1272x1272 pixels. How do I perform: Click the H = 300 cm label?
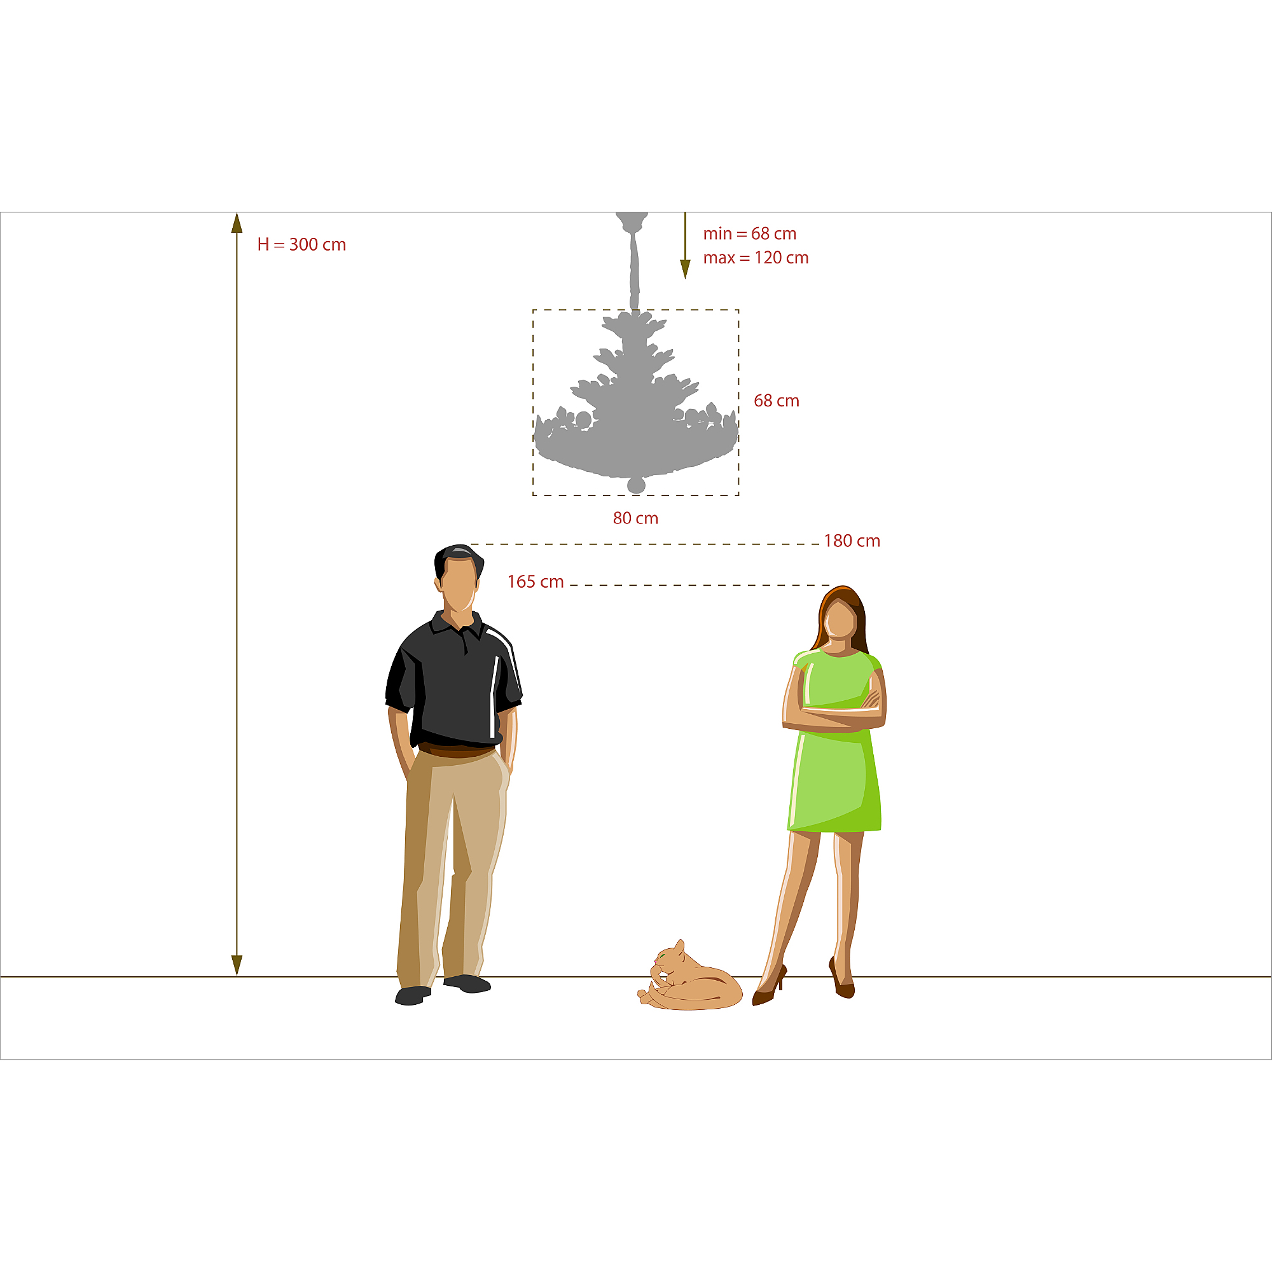point(301,244)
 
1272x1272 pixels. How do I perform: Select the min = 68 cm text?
point(749,233)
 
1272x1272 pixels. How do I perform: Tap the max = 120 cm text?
point(756,258)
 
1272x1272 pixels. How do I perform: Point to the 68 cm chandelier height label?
point(776,400)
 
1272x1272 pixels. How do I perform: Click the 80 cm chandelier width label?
point(635,518)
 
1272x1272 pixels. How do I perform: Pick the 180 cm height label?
point(852,541)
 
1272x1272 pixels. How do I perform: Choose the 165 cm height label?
point(536,581)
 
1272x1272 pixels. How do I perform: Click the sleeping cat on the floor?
point(689,976)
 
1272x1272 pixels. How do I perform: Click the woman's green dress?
point(835,744)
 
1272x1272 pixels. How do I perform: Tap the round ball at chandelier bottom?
point(636,485)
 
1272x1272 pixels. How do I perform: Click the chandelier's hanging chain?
point(634,270)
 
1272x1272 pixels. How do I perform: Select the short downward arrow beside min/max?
point(685,245)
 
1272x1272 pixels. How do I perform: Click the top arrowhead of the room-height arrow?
point(237,223)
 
